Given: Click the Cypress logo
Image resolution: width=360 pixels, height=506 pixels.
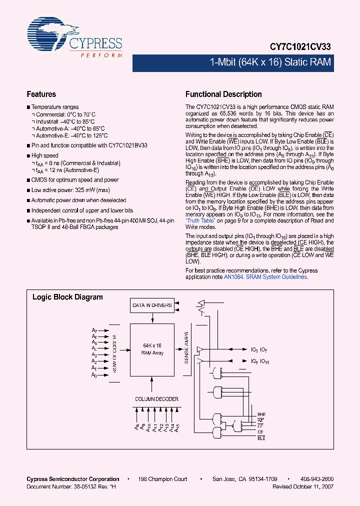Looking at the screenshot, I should (75, 37).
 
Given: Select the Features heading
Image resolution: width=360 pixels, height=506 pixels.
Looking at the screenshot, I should (41, 94).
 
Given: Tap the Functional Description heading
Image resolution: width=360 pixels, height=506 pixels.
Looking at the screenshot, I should (223, 94).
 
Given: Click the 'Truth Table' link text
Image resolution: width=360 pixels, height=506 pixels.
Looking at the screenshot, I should (201, 220).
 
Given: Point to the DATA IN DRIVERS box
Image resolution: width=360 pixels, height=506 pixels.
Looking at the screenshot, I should (152, 305).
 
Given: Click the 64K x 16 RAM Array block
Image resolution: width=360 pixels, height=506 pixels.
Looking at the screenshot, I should (152, 349).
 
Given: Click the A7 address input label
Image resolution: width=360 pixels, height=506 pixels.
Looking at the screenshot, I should (94, 330).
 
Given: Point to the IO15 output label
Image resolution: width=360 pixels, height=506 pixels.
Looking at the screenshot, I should (265, 361).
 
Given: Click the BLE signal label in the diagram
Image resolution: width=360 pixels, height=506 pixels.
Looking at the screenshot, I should (261, 438).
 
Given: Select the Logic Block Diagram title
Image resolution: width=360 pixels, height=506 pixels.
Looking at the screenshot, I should (67, 297).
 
